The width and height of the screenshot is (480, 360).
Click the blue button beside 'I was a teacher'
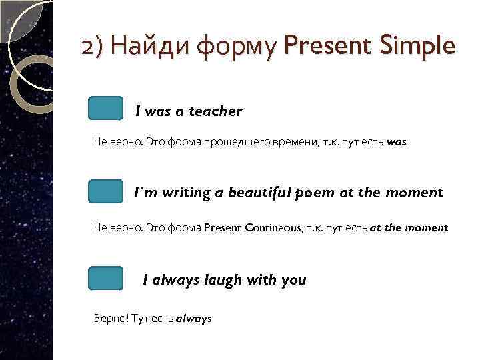pos(105,108)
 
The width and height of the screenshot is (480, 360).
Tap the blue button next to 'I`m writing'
pos(105,191)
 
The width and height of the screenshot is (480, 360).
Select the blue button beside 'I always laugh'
pos(105,278)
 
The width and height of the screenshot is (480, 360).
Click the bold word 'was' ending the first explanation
pos(396,143)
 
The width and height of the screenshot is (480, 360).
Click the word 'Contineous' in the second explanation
pos(273,228)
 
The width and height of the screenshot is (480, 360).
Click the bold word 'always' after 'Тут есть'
pos(193,319)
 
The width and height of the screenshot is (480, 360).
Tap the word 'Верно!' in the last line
pos(109,319)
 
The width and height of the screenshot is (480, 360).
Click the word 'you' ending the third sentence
pos(293,280)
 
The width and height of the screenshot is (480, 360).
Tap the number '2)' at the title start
pos(91,47)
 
